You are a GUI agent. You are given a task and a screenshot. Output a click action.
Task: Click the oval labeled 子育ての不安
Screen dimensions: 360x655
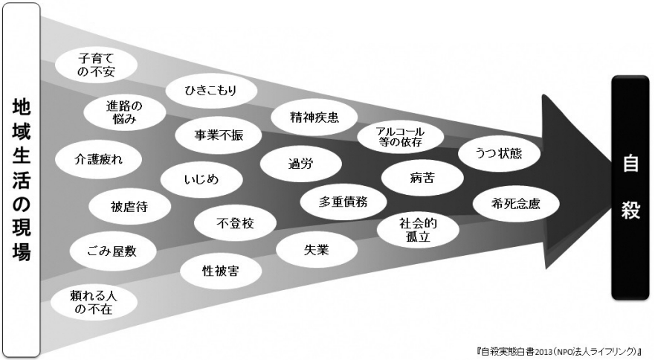coord(95,63)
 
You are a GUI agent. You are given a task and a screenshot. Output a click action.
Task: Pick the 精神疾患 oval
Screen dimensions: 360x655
coord(312,116)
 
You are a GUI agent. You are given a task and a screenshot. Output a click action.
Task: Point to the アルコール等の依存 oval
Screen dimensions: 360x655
coord(400,136)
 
